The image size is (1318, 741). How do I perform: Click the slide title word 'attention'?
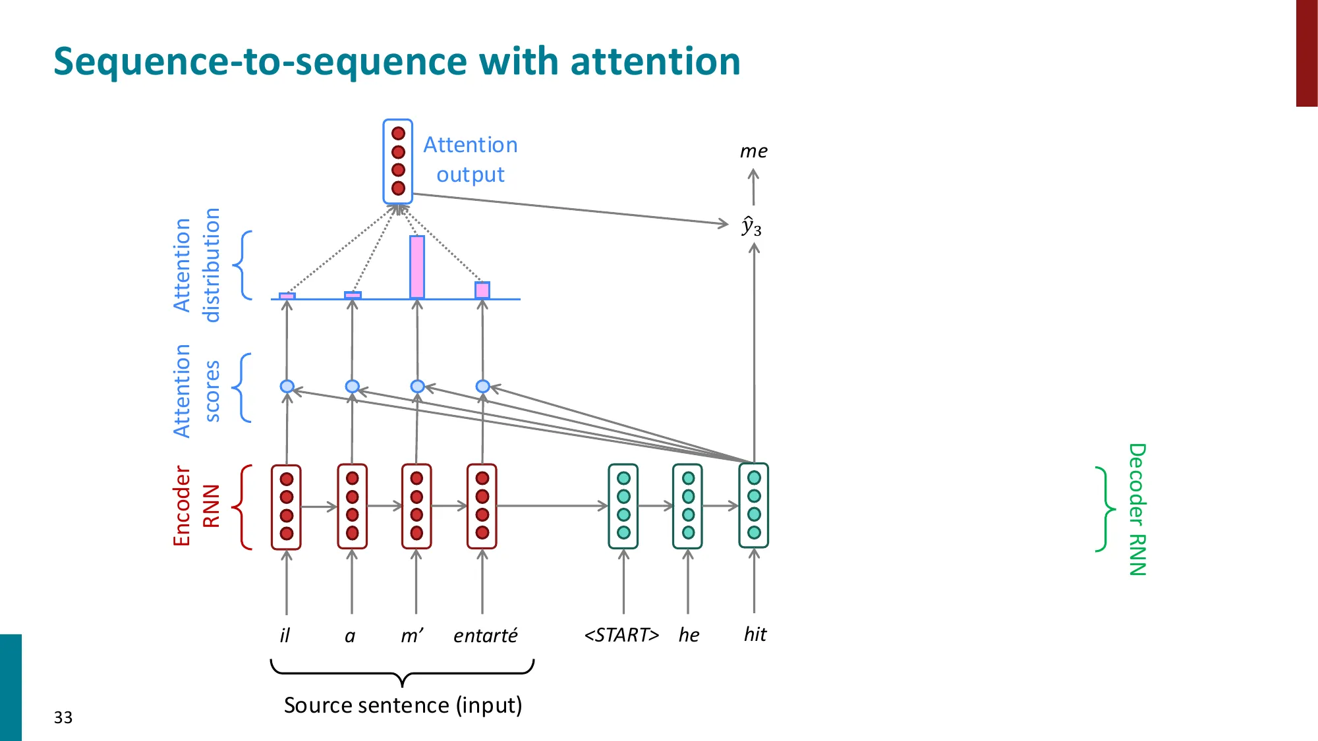[x=655, y=61]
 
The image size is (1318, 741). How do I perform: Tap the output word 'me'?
[x=753, y=151]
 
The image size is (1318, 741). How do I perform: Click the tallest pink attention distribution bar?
[x=416, y=267]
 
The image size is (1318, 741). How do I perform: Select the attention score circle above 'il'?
[x=287, y=386]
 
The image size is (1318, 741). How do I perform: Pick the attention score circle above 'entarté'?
[x=482, y=386]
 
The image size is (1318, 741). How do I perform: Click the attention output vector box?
[x=397, y=161]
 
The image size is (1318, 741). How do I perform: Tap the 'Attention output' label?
[x=470, y=159]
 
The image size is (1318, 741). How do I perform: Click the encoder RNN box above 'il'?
[x=286, y=506]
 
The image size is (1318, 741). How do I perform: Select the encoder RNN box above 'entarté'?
[x=482, y=506]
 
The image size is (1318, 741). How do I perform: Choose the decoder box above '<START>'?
[x=623, y=506]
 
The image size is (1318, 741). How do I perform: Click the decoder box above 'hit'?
[x=754, y=505]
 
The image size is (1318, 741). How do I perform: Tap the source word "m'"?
[x=412, y=635]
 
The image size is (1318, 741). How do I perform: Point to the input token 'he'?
[x=689, y=635]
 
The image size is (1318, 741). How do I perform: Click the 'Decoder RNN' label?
[x=1137, y=509]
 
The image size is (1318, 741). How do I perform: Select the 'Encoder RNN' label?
[x=196, y=506]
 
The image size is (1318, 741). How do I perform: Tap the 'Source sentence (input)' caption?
[x=403, y=705]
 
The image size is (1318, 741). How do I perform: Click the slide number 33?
[x=63, y=717]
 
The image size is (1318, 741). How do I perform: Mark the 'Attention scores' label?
[x=196, y=390]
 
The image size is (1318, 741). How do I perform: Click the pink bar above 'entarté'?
[x=482, y=290]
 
